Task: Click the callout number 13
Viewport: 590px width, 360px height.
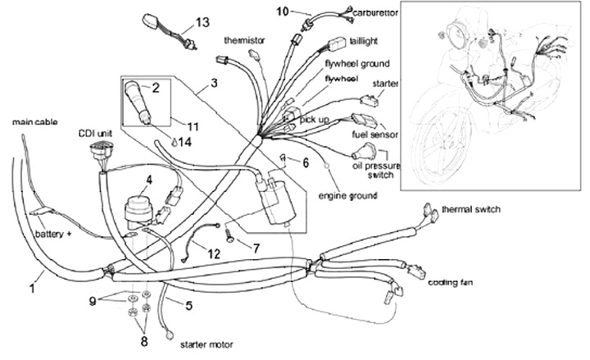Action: pyautogui.click(x=203, y=21)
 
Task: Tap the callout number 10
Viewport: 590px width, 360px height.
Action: pyautogui.click(x=282, y=11)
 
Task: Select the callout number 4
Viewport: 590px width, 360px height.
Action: pyautogui.click(x=148, y=179)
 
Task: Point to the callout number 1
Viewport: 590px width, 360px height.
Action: pyautogui.click(x=34, y=288)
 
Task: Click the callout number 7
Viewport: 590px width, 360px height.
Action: pyautogui.click(x=255, y=247)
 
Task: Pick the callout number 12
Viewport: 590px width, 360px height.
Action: pyautogui.click(x=212, y=254)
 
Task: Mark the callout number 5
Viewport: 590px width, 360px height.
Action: pyautogui.click(x=188, y=306)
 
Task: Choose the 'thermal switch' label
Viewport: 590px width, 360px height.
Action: pyautogui.click(x=470, y=210)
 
